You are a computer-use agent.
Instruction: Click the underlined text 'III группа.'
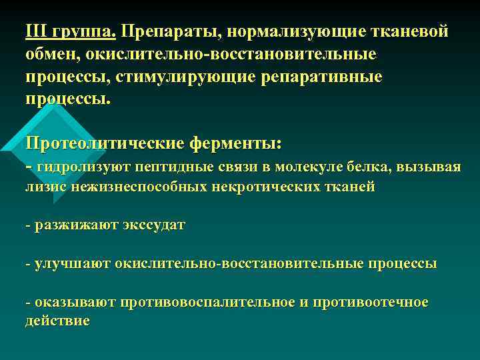point(70,31)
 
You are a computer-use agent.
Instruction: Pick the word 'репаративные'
point(326,77)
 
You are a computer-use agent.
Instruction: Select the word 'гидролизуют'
point(79,167)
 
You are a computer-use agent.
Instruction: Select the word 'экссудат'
point(155,225)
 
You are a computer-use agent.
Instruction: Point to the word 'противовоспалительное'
point(207,303)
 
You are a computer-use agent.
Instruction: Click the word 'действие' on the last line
point(57,321)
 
